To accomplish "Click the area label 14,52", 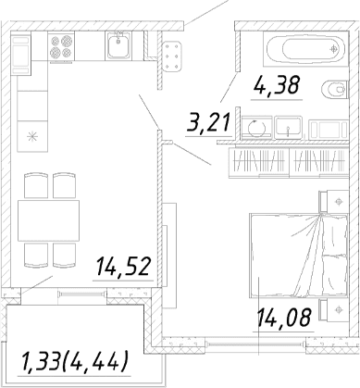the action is point(123,267).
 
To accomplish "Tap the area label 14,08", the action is point(283,318).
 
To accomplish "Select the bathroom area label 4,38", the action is point(277,85).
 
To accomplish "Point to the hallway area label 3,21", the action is point(208,122).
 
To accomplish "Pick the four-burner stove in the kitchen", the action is point(61,46).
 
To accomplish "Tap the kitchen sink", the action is point(118,45).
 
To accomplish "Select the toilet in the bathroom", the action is point(334,90).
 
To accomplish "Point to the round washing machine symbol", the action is point(256,128).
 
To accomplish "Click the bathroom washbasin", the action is point(288,127).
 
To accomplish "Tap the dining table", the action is point(48,220).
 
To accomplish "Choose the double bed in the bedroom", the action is point(299,256).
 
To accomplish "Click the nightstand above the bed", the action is point(334,202).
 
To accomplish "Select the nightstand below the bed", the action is point(334,309).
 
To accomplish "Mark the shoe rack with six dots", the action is point(171,57).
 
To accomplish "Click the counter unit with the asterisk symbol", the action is point(32,136).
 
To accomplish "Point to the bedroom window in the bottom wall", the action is point(255,344).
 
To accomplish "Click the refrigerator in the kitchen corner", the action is point(21,55).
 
